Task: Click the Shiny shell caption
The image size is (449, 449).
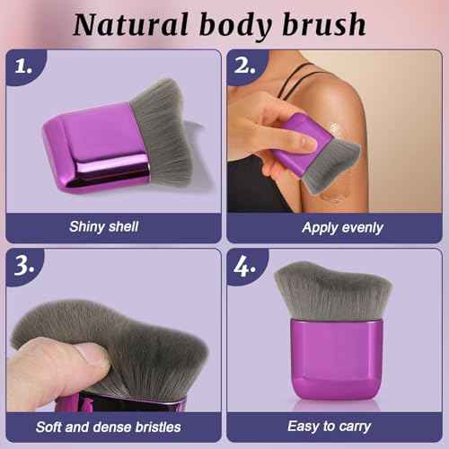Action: [x=103, y=226]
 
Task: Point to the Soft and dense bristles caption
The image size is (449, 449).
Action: [x=109, y=427]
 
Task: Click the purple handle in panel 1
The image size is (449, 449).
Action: [x=94, y=145]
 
